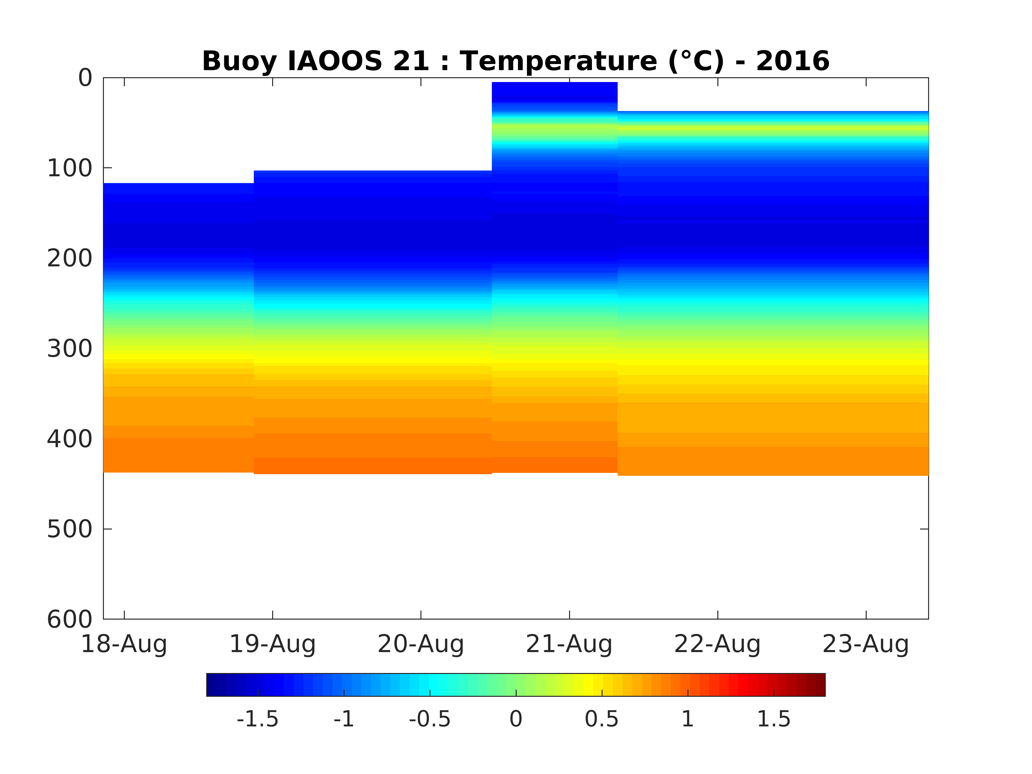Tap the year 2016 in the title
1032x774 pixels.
pyautogui.click(x=793, y=61)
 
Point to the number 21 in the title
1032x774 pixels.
pyautogui.click(x=410, y=61)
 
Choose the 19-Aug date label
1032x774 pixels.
pyautogui.click(x=272, y=644)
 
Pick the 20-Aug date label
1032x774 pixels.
pyautogui.click(x=420, y=644)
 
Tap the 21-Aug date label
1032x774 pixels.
pyautogui.click(x=569, y=644)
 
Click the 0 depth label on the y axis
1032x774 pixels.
pyautogui.click(x=85, y=78)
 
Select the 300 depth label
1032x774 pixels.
pyautogui.click(x=70, y=348)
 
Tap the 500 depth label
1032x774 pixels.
pyautogui.click(x=70, y=529)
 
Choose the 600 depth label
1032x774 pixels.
pyautogui.click(x=70, y=619)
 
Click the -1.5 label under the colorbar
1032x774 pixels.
pyautogui.click(x=258, y=719)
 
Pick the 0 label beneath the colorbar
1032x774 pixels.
pyautogui.click(x=516, y=719)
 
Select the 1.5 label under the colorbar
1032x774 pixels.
pyautogui.click(x=774, y=719)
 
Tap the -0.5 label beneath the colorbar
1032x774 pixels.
pyautogui.click(x=430, y=719)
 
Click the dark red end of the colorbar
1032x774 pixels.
pyautogui.click(x=819, y=685)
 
